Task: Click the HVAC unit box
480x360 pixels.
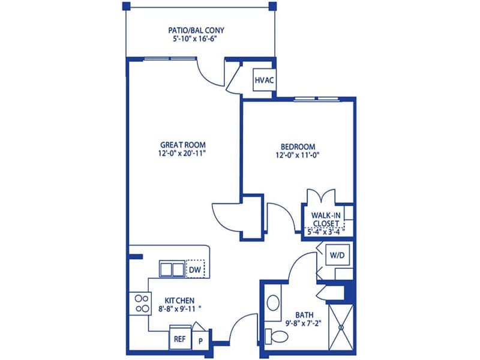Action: pos(264,80)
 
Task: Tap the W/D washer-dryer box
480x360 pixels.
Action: pos(337,255)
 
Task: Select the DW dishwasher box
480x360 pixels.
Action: pos(196,269)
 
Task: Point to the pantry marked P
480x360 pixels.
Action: pos(201,340)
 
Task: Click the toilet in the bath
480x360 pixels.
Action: pos(277,336)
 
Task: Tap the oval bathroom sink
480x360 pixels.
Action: pos(273,303)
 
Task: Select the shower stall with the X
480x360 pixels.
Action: pos(341,327)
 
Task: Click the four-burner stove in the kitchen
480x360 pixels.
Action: pos(140,304)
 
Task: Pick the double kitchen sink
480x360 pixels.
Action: pos(172,269)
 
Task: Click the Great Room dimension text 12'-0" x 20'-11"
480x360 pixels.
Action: pos(182,153)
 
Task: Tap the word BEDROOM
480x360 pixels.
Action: pos(298,146)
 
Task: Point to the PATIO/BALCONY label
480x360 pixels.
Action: pos(196,31)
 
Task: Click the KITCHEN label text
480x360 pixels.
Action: pos(179,301)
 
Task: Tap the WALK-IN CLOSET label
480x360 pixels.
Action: pos(326,219)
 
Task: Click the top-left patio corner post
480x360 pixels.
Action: pos(127,6)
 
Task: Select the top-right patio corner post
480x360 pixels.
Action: pos(272,6)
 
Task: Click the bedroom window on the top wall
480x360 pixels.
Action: pos(316,99)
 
